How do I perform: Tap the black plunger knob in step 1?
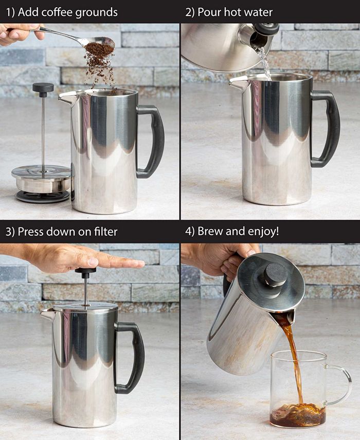pos(43,88)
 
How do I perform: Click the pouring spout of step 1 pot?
pos(66,97)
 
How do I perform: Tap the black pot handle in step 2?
pos(327,129)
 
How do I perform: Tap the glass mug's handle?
pos(339,383)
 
